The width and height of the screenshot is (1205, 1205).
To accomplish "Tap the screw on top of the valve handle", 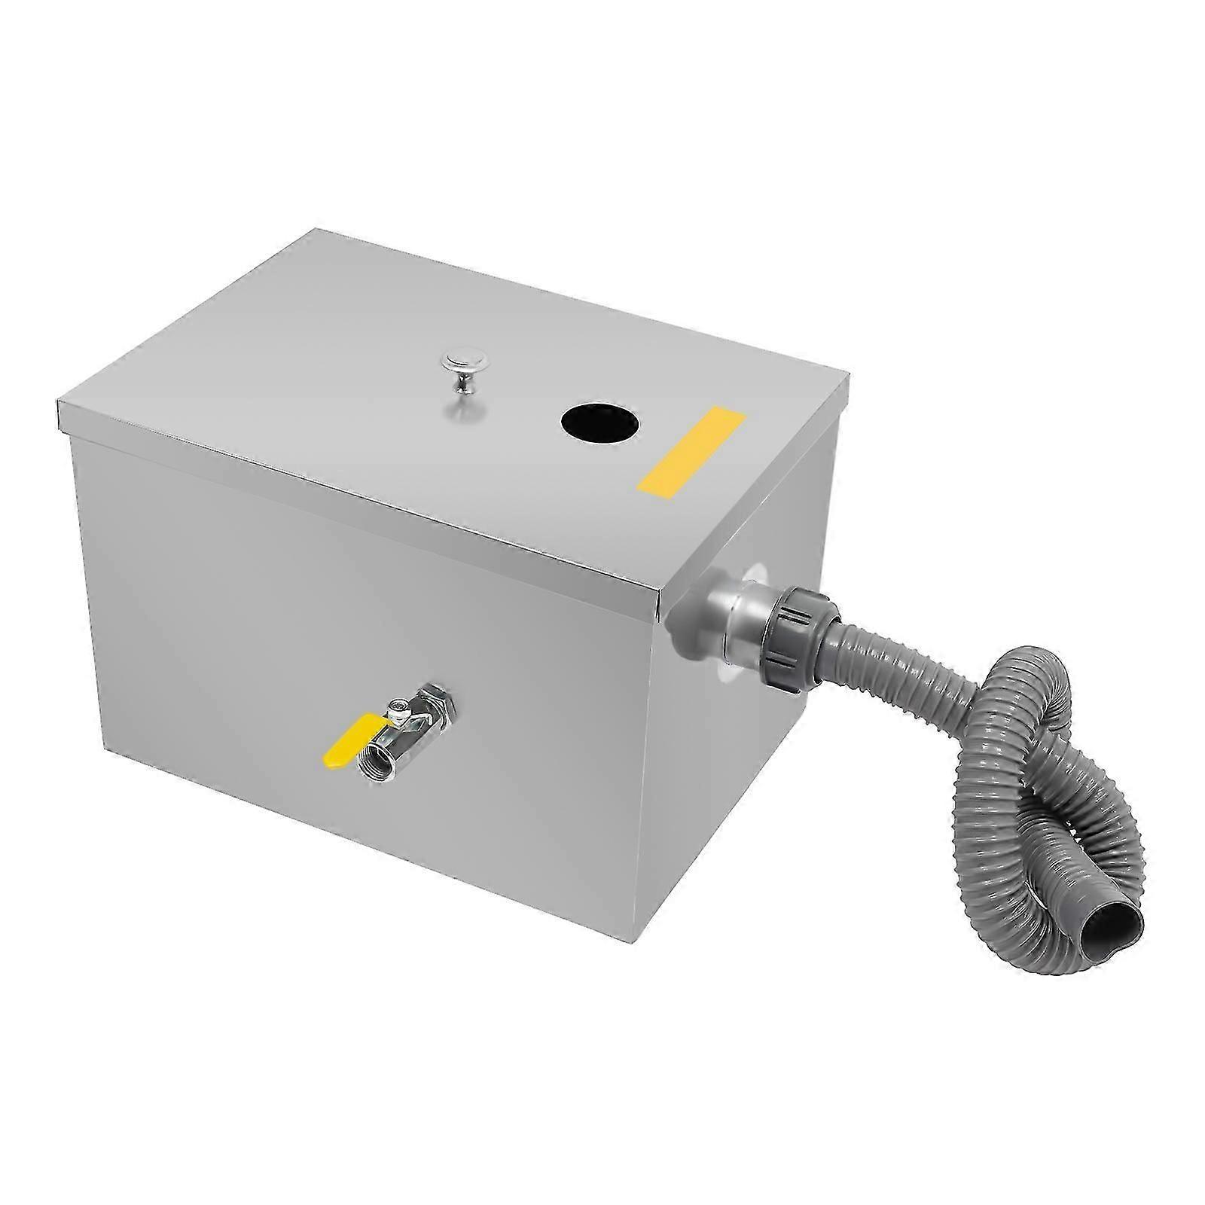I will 397,704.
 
